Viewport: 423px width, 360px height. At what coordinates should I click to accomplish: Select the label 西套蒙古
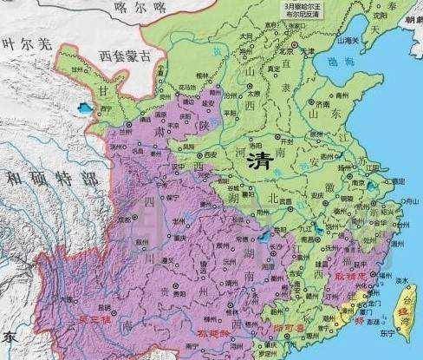click(123, 55)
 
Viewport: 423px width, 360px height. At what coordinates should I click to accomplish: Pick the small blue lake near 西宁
click(83, 108)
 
